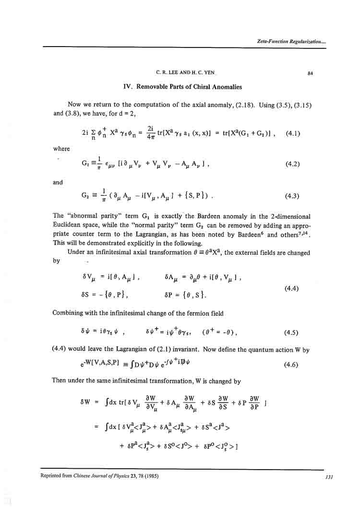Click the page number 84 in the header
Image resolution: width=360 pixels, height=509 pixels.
pyautogui.click(x=310, y=73)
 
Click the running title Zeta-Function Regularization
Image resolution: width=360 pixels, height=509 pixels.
pyautogui.click(x=292, y=42)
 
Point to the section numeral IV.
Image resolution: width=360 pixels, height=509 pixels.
pyautogui.click(x=127, y=87)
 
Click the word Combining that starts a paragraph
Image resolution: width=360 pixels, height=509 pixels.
pyautogui.click(x=70, y=313)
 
